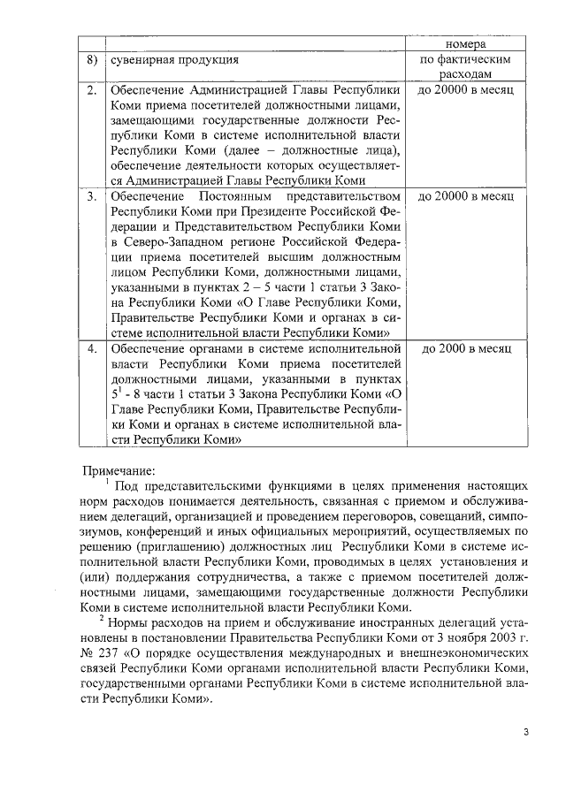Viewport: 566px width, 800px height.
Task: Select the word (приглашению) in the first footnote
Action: (180, 547)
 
